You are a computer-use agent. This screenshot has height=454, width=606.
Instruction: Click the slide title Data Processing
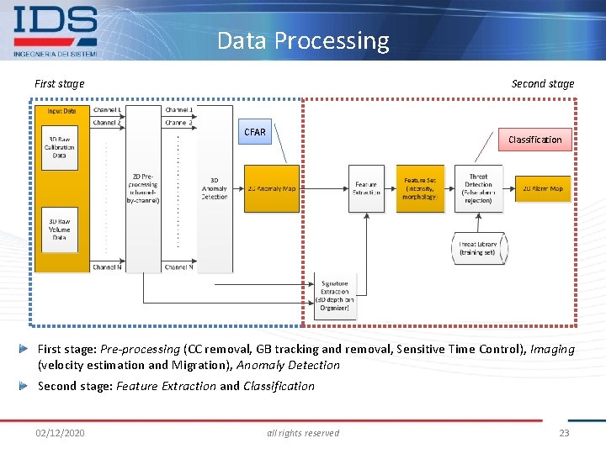tap(303, 40)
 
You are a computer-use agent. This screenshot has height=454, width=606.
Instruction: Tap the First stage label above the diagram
tap(59, 83)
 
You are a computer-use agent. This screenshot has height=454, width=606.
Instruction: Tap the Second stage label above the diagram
tap(543, 83)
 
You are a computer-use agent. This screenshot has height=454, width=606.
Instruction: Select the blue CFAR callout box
tap(254, 132)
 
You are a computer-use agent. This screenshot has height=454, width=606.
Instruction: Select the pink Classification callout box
tap(534, 140)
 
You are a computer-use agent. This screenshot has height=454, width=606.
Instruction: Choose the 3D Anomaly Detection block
tap(214, 188)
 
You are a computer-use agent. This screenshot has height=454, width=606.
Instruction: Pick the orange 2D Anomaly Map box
tap(272, 188)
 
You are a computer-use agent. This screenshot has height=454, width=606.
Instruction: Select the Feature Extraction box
tap(366, 188)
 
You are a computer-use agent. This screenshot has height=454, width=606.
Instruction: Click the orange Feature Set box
tap(420, 188)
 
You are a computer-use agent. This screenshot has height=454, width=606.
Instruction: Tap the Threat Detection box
tap(478, 188)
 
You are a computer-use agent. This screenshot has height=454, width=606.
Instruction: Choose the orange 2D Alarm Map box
tap(543, 188)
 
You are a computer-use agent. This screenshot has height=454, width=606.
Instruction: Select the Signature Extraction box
tap(334, 296)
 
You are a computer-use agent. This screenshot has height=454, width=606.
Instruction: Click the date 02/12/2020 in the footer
tap(60, 433)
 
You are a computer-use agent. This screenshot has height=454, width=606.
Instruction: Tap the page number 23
tap(564, 433)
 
